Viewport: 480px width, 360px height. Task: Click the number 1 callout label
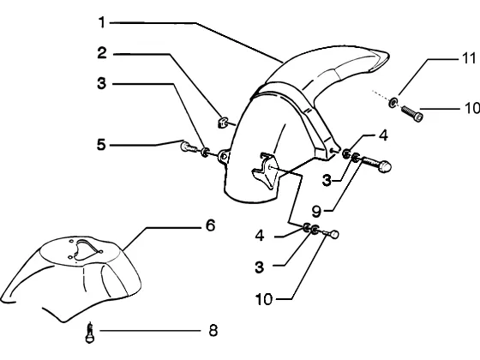coord(102,22)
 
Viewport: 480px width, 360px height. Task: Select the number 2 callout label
coord(102,52)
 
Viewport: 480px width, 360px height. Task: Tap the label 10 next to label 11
coord(471,108)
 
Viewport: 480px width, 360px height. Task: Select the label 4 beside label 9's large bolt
coord(383,135)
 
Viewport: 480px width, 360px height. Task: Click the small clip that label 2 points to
coord(222,122)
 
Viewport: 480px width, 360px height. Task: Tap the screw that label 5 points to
coord(189,147)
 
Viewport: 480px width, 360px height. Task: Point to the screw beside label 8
coord(90,333)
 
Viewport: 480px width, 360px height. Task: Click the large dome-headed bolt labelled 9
coord(376,164)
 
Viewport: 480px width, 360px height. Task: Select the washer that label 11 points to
coord(393,102)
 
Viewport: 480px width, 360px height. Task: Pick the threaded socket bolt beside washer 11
coord(412,113)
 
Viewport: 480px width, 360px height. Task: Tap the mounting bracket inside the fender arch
coord(266,171)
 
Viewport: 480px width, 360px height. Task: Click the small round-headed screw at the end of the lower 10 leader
coord(332,235)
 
